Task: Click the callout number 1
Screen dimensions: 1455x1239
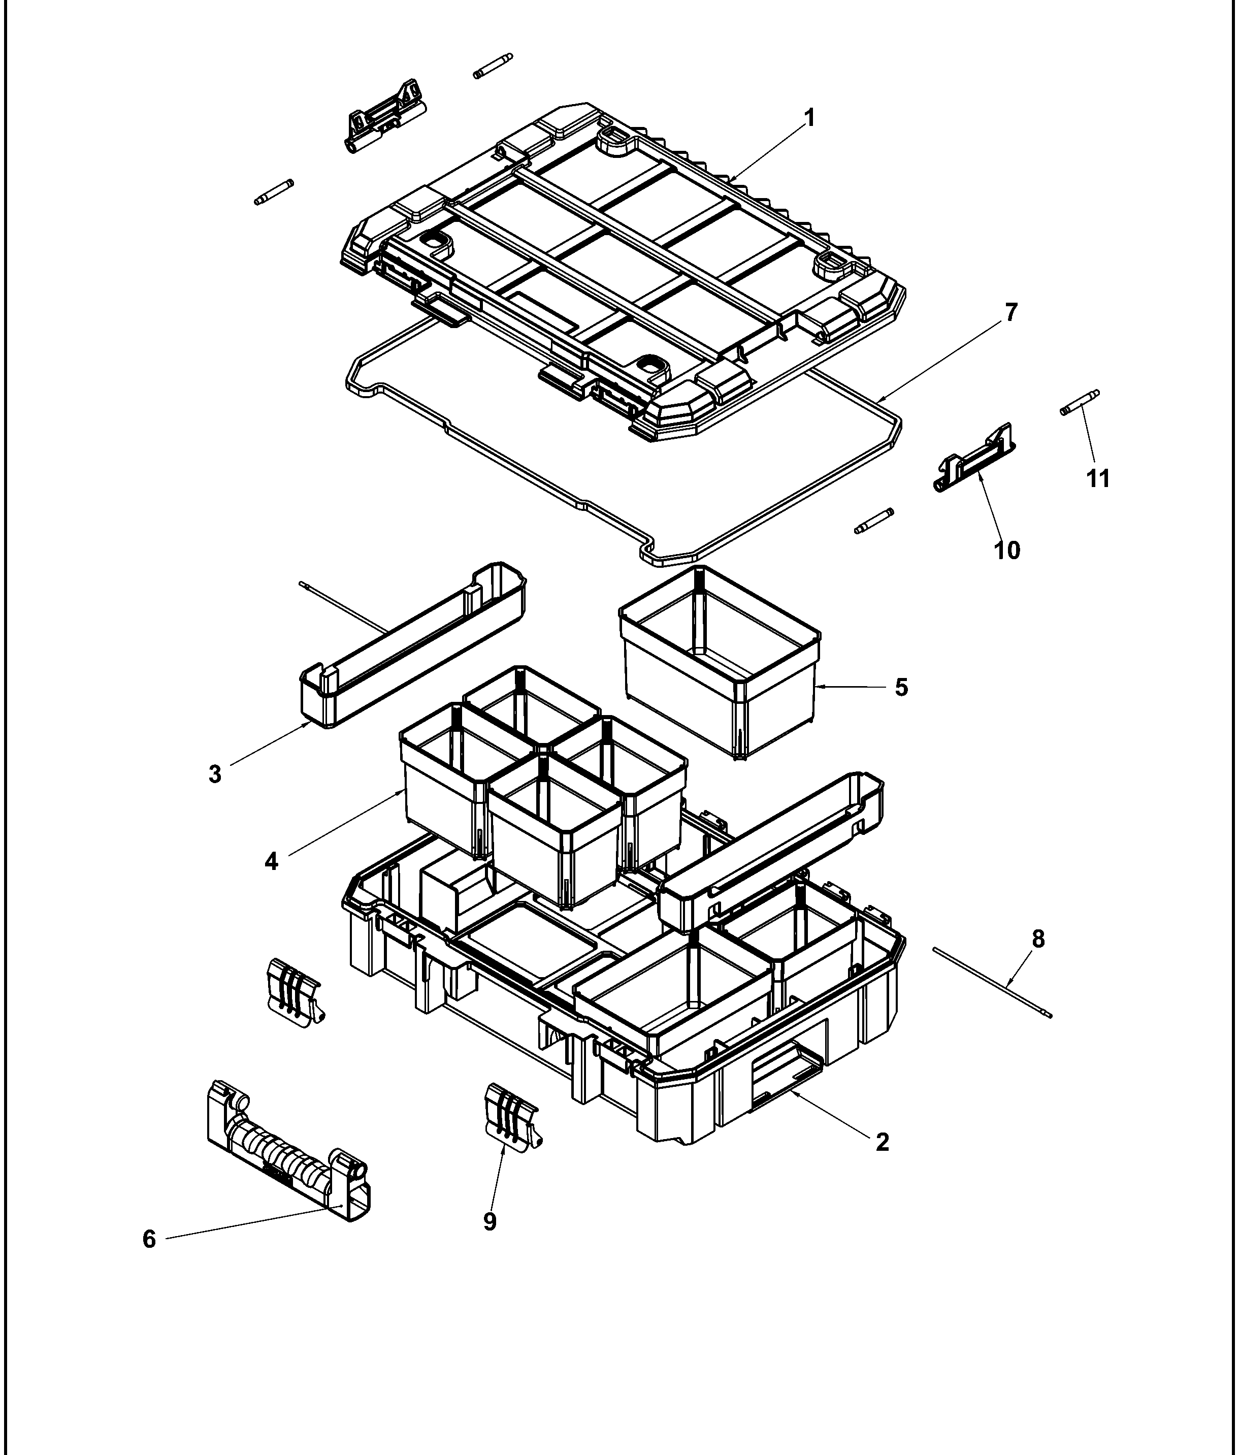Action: (x=809, y=118)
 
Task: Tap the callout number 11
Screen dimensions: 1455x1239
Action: (x=1098, y=479)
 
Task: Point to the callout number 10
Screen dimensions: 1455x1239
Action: (x=1006, y=550)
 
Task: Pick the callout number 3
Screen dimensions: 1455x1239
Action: (x=215, y=774)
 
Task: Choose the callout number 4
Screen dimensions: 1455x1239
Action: (x=272, y=861)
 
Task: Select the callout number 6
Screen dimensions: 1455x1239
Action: (x=149, y=1240)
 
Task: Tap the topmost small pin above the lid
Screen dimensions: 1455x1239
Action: (x=493, y=66)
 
